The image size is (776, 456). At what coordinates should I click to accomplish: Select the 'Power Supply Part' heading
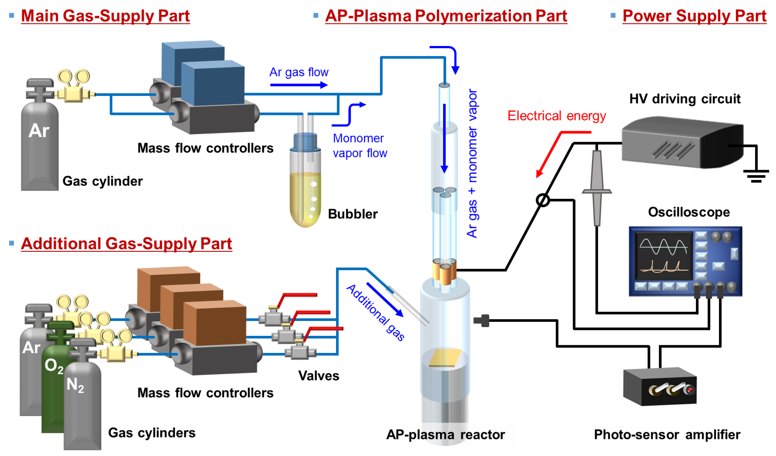coord(694,16)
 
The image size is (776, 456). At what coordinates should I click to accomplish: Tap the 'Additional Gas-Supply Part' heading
coord(126,244)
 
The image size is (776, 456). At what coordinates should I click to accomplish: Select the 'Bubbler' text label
coord(353,214)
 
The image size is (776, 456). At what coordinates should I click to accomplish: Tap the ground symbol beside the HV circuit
coord(756,176)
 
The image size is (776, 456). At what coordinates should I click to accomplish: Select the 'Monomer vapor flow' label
coord(360,146)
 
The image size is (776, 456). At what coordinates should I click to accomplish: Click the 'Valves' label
coord(319,376)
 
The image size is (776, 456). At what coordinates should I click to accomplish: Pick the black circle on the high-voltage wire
coord(543,200)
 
